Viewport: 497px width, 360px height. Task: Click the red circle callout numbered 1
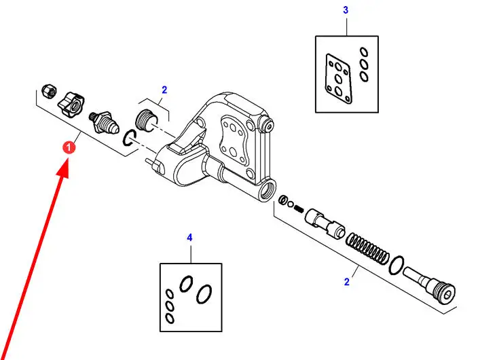tap(69, 147)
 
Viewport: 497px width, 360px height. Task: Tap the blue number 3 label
tap(346, 10)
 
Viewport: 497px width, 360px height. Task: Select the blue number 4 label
tap(189, 237)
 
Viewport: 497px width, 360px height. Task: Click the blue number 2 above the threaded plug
tap(164, 90)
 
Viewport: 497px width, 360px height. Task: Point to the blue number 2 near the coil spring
tap(346, 282)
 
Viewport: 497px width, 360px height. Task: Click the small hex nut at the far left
tap(50, 91)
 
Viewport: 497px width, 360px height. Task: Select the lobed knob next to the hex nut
tap(71, 103)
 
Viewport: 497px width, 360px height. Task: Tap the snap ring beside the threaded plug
tap(129, 139)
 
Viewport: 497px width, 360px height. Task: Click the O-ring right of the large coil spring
tap(397, 265)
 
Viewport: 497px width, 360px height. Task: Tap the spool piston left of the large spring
tap(325, 223)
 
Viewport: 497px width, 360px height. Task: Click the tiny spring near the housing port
tap(299, 209)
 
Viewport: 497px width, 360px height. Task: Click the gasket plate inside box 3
tap(339, 79)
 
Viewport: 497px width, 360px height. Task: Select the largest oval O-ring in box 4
tap(204, 294)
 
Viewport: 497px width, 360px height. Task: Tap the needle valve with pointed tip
tap(104, 122)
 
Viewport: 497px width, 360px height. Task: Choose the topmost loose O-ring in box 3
tap(364, 52)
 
